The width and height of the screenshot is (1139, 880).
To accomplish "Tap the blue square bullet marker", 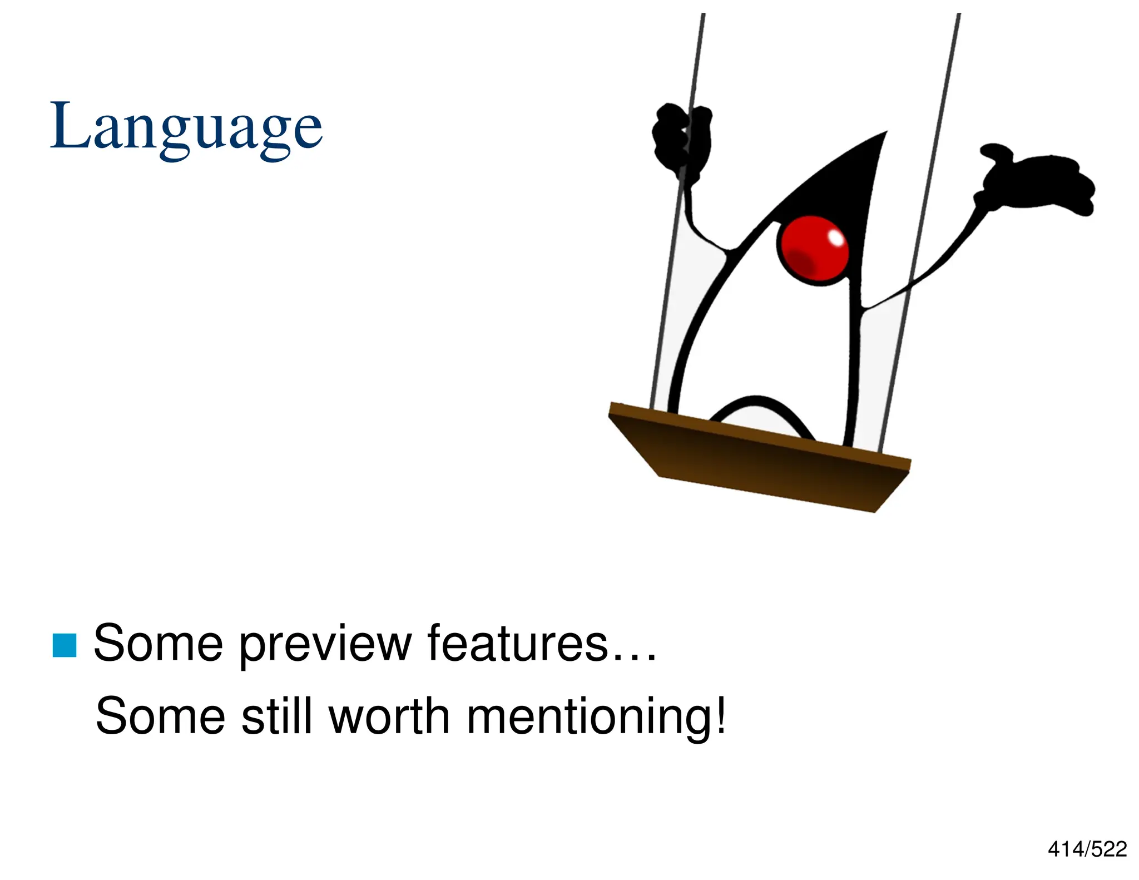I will pos(65,645).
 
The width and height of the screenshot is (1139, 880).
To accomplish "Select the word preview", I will pos(325,645).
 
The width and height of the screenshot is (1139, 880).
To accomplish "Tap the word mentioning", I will pos(590,719).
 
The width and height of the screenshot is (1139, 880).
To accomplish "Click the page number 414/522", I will pos(1087,849).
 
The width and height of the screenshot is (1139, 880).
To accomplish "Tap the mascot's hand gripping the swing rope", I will pos(681,136).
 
